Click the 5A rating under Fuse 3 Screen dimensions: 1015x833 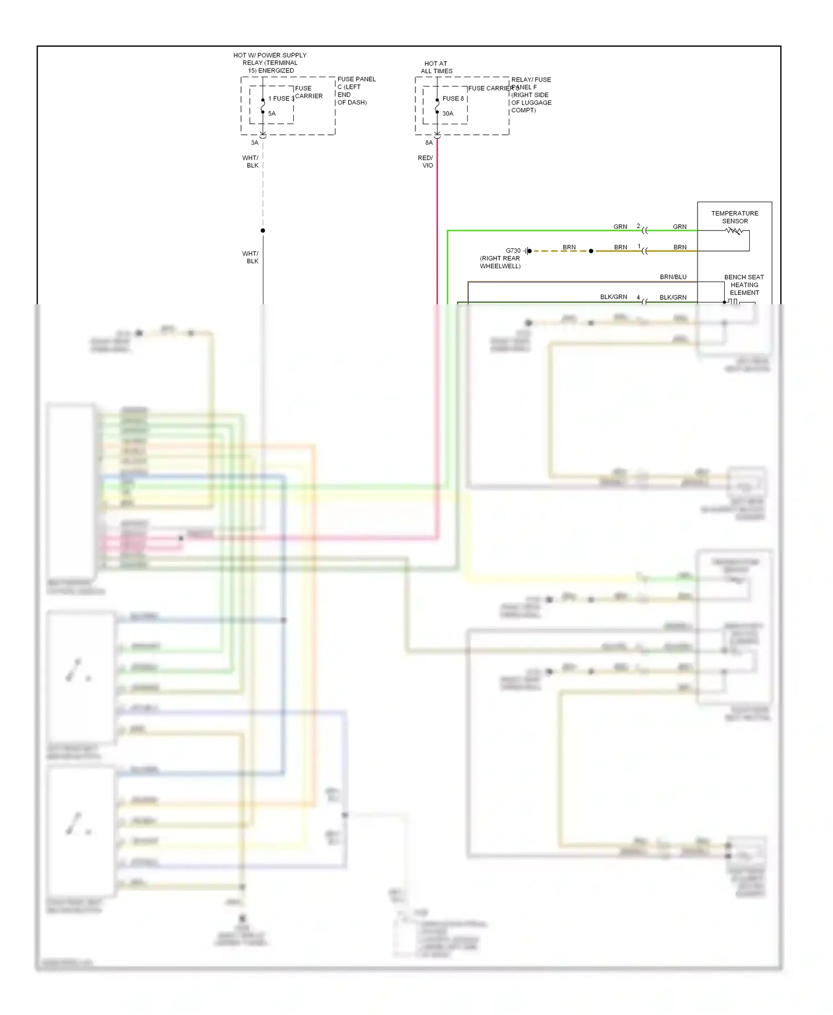click(x=272, y=113)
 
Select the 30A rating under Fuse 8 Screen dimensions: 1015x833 click(x=448, y=113)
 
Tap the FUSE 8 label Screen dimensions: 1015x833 click(x=453, y=98)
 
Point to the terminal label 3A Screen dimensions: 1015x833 click(x=254, y=143)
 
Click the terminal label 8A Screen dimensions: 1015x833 click(x=429, y=143)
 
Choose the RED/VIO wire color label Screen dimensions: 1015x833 click(x=425, y=162)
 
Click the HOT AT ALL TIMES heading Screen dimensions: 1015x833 click(x=436, y=67)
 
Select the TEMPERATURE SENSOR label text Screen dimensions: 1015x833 click(x=734, y=217)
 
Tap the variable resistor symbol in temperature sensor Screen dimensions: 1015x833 click(x=734, y=231)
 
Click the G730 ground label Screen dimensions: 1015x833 click(x=513, y=250)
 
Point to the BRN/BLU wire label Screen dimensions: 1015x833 click(x=673, y=277)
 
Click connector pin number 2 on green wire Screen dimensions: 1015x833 click(x=638, y=226)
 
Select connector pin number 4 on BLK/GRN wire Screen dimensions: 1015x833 click(x=638, y=297)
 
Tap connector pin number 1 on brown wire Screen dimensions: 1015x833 click(x=639, y=246)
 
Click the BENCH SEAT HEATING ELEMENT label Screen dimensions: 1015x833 click(x=744, y=285)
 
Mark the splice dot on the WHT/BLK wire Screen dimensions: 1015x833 click(x=263, y=230)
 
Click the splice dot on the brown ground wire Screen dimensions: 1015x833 click(x=591, y=251)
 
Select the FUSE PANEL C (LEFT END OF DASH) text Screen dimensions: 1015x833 click(x=356, y=91)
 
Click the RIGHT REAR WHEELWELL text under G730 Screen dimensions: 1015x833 click(x=500, y=262)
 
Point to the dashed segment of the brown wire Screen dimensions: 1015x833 click(x=560, y=251)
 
